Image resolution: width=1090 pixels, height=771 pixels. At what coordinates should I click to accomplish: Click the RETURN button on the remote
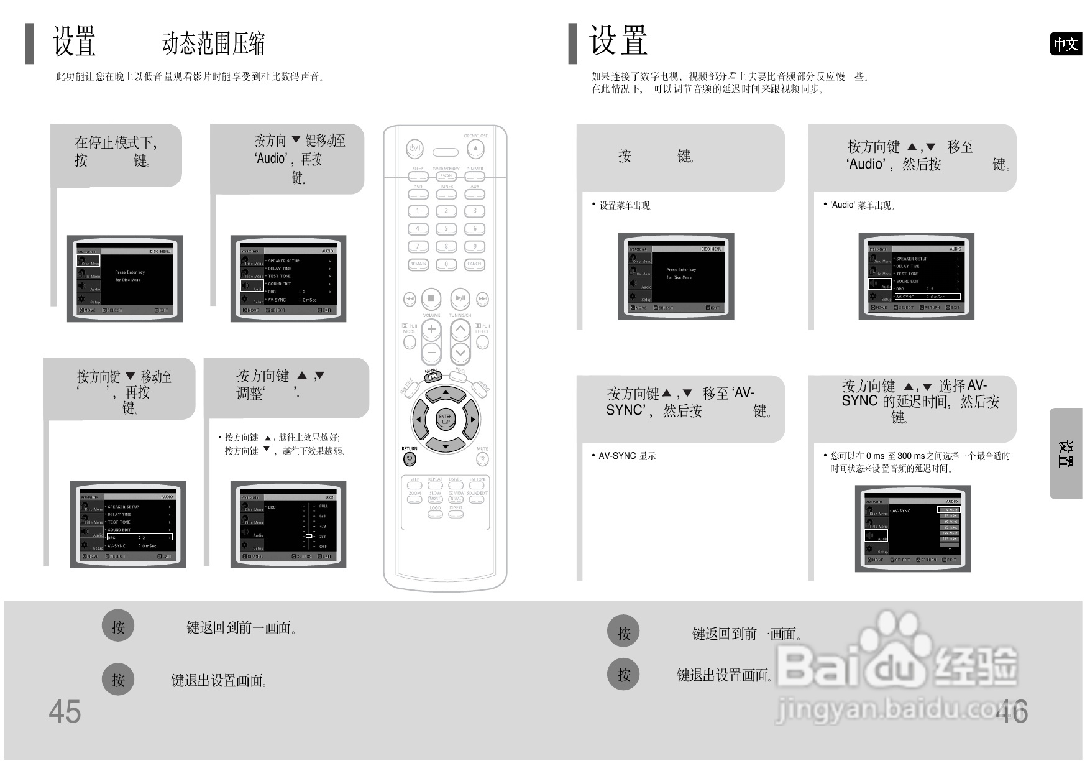point(410,459)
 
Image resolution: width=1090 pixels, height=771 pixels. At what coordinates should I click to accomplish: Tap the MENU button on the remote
point(433,376)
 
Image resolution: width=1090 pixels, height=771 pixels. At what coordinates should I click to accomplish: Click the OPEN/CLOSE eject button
point(475,149)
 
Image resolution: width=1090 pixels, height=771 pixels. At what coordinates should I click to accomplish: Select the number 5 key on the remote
point(446,229)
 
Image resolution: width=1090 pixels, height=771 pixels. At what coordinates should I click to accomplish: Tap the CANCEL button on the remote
point(475,264)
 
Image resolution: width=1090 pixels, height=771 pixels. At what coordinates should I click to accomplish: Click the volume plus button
point(431,330)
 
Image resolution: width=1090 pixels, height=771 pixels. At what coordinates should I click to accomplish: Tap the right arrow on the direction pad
point(472,420)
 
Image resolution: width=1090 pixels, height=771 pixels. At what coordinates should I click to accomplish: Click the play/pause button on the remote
point(460,298)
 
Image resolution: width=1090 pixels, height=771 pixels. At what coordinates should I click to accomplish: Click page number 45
point(65,711)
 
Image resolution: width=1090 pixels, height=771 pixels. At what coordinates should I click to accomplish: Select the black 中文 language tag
point(1065,44)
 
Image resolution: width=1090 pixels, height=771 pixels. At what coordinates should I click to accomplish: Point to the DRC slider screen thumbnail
point(288,525)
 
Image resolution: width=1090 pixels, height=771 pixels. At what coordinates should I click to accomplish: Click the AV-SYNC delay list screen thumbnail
point(912,529)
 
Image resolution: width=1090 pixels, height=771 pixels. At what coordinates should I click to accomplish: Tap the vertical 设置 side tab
point(1065,453)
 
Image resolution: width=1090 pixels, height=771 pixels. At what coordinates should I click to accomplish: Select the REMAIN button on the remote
point(418,264)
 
